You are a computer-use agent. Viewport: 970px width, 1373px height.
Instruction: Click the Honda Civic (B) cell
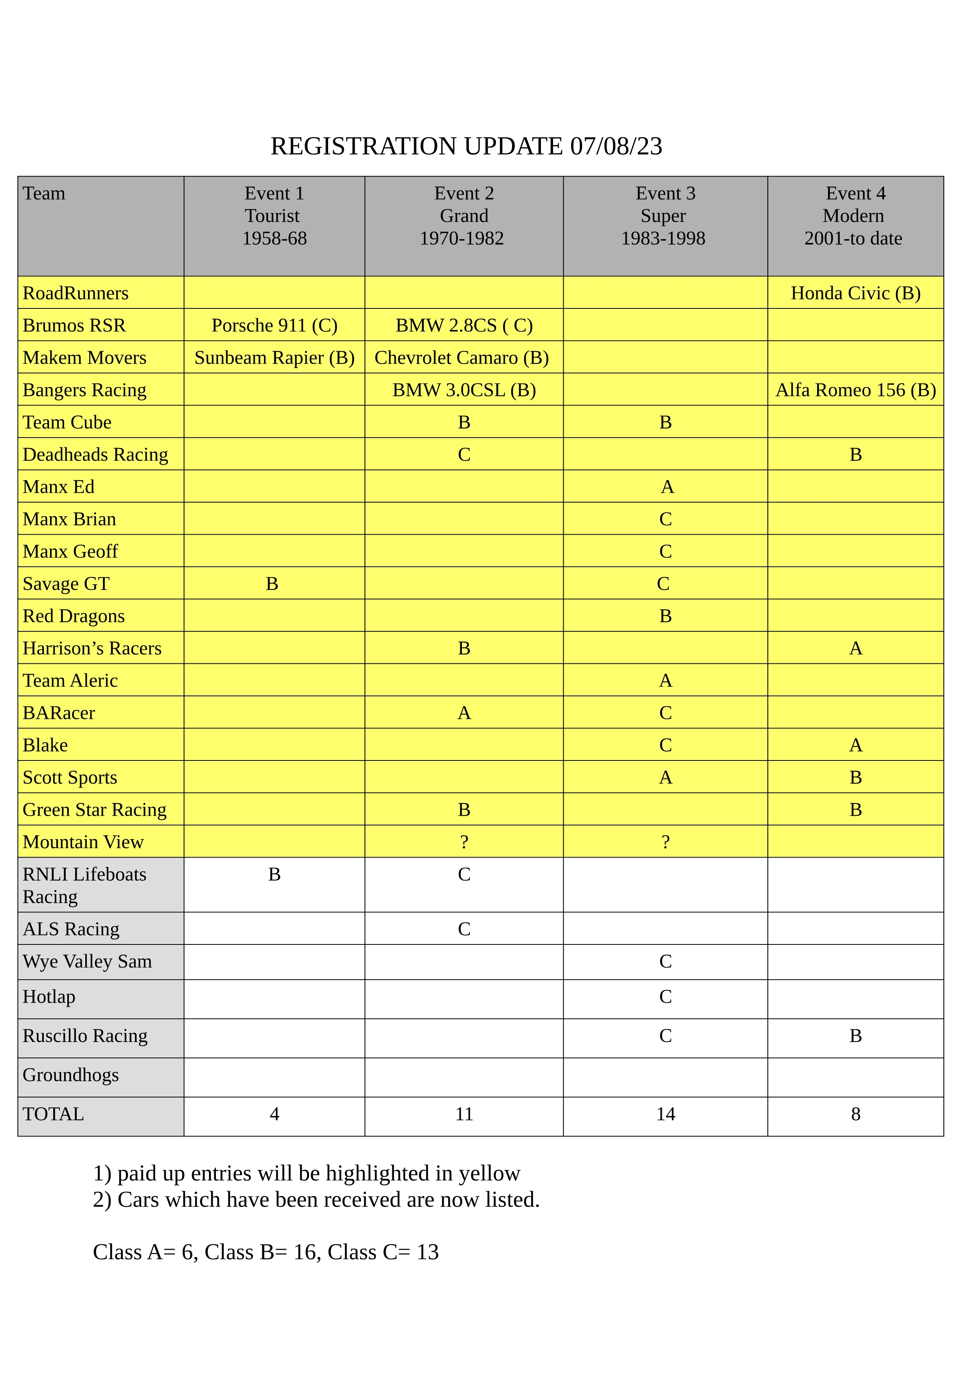(855, 293)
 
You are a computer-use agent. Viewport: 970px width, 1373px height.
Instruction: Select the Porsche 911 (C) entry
(274, 325)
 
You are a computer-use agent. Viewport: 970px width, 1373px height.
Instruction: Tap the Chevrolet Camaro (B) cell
(462, 358)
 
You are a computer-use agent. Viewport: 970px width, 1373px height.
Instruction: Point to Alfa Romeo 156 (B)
(855, 390)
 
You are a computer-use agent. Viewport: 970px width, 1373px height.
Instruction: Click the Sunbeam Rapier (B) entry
(274, 358)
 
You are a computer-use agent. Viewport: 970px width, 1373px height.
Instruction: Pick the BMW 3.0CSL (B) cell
(464, 390)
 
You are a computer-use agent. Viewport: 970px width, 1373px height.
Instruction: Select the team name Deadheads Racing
(95, 454)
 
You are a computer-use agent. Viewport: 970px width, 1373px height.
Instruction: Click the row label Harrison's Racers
(92, 648)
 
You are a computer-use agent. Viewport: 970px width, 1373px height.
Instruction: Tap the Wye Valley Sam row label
(87, 961)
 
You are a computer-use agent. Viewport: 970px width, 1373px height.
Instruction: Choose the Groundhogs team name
(70, 1075)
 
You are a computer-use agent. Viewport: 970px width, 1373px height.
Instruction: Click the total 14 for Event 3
(665, 1114)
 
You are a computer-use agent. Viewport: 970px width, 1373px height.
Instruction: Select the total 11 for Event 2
(464, 1114)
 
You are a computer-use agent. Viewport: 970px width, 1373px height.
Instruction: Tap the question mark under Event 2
(464, 842)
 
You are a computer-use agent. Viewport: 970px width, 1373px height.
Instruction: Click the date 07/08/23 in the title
(616, 146)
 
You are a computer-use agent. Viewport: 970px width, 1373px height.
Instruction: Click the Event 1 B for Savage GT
(272, 584)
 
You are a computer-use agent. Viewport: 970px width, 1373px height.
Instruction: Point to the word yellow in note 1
(489, 1173)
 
